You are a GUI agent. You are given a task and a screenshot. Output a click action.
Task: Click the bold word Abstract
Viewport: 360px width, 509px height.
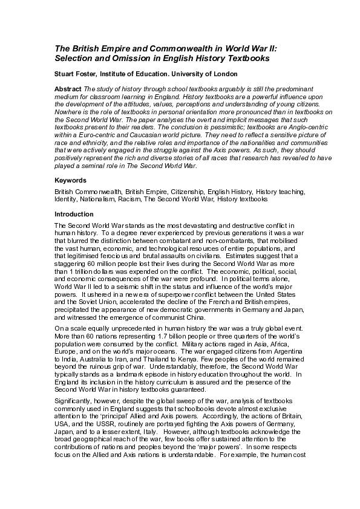tap(68, 89)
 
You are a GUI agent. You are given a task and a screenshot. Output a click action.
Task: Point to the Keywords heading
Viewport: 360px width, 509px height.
tap(70, 180)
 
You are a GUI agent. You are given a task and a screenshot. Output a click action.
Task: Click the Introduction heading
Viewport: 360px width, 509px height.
tap(74, 214)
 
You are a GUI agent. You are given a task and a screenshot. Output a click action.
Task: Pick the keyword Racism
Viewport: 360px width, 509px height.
tap(139, 198)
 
